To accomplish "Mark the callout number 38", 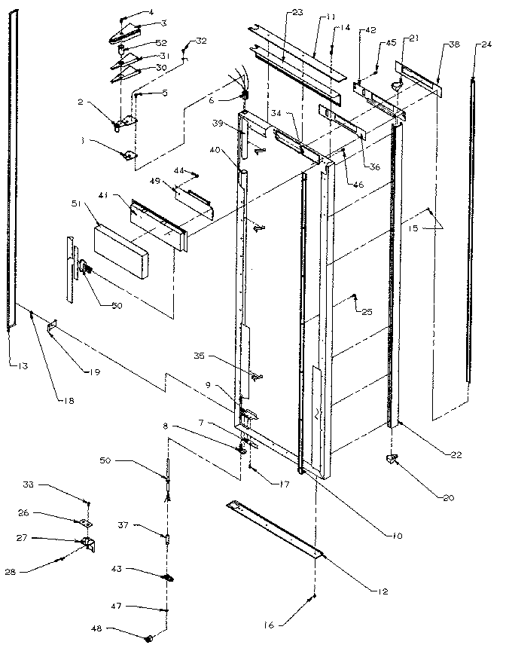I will click(454, 45).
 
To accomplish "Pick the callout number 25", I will click(367, 311).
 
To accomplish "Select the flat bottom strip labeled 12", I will click(275, 527).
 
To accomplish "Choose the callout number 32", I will click(200, 40).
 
